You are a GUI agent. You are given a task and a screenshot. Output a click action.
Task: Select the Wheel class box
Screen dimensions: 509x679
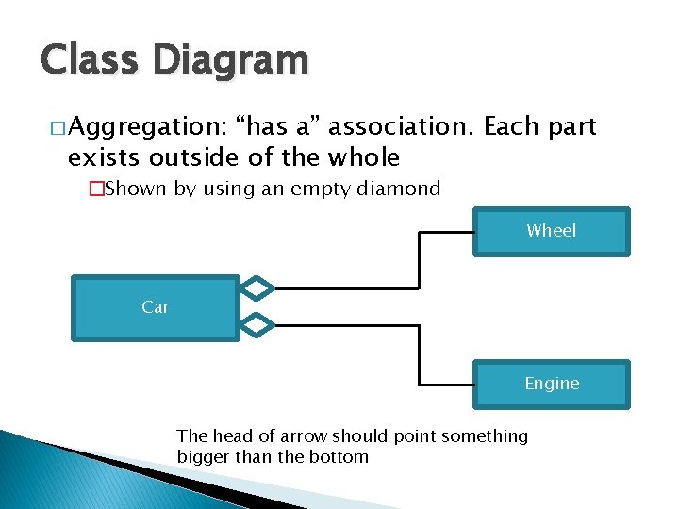551,232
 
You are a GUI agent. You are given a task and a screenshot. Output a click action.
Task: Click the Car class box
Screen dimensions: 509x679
156,307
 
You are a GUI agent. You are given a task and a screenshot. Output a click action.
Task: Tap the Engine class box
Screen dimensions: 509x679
551,384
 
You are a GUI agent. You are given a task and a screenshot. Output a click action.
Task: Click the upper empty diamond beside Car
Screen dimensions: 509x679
257,287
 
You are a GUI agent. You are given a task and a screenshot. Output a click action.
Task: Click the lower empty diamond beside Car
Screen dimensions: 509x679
257,325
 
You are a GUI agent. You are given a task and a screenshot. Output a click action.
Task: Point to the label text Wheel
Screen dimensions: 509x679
551,230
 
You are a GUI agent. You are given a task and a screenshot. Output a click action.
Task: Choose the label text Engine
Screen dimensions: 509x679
552,384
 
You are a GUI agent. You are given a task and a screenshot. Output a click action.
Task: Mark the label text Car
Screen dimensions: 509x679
155,306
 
